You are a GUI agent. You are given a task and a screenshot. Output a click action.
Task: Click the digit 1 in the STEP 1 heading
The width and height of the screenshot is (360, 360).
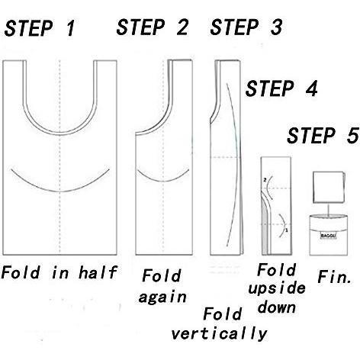[70, 27]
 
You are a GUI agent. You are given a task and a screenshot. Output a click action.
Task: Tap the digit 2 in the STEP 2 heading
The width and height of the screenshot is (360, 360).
[182, 27]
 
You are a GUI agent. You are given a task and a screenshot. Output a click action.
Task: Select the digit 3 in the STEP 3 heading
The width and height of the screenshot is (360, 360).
[276, 27]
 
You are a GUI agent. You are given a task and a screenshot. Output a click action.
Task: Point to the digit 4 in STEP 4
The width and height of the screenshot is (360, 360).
[311, 88]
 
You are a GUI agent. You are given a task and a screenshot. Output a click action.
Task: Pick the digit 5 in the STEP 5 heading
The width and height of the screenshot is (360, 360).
[352, 136]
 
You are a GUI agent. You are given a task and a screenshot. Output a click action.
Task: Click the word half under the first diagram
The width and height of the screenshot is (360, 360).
[98, 272]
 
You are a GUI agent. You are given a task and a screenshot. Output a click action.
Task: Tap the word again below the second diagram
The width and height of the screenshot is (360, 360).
[162, 297]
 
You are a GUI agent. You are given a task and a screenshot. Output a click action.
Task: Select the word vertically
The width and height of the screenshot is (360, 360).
[219, 333]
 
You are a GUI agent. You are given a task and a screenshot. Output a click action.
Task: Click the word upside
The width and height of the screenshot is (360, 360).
[277, 289]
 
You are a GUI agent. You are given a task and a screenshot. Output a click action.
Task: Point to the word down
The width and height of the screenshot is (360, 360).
[277, 307]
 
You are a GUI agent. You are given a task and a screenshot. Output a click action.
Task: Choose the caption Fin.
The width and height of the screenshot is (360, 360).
[334, 277]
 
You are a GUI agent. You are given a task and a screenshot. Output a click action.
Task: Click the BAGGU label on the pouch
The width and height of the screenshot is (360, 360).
[328, 236]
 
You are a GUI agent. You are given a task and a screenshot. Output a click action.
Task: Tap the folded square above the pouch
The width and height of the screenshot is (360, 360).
[329, 187]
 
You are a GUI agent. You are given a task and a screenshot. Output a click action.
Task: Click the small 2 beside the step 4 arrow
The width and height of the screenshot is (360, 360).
[265, 180]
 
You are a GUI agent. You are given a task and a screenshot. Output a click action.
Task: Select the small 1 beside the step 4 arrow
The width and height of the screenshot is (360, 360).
[287, 230]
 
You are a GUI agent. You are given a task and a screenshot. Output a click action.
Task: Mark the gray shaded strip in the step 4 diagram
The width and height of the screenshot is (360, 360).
[265, 230]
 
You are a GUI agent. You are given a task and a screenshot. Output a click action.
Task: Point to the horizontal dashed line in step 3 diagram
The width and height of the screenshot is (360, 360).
[225, 157]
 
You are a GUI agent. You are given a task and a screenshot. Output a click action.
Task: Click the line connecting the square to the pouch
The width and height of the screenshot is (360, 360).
[328, 210]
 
